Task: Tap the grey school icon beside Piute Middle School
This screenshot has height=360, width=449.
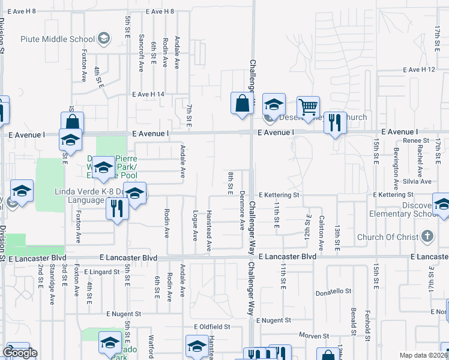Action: coord(104,40)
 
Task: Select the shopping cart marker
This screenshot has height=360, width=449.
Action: coord(308,107)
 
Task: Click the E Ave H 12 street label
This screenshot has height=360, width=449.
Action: coord(419,70)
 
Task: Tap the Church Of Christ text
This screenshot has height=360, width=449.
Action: coord(387,237)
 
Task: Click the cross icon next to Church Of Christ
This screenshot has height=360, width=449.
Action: coord(427,236)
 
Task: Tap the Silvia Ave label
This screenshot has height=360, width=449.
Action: coord(418,181)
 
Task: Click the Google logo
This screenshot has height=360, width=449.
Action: coord(20,353)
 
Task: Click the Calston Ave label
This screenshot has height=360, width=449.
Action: coord(322,233)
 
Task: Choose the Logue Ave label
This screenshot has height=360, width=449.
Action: coord(195,224)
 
